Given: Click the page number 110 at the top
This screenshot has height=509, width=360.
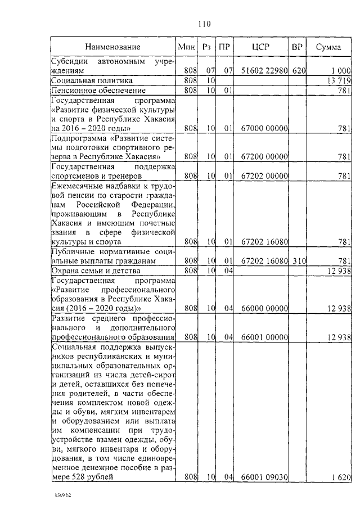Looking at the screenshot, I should [x=203, y=23].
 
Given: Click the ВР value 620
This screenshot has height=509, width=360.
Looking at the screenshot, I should [x=298, y=71].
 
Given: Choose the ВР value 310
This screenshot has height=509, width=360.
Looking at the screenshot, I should [x=298, y=260].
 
